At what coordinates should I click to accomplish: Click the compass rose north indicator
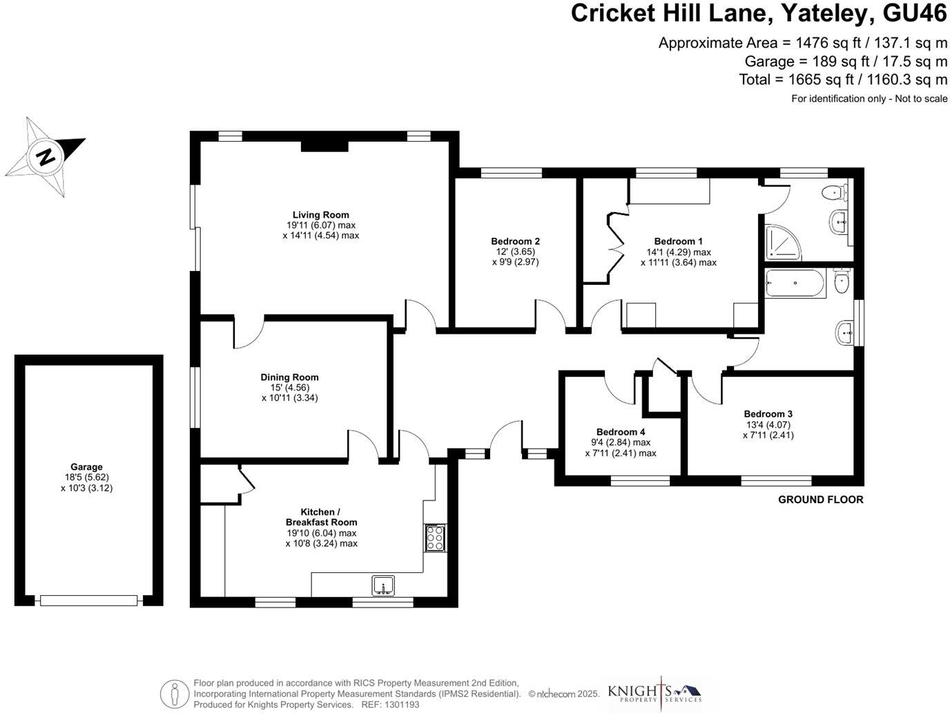click(46, 157)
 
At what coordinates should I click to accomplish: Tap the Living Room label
click(320, 214)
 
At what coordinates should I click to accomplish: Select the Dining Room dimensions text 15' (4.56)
click(289, 388)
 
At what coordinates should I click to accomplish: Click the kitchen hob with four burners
click(434, 538)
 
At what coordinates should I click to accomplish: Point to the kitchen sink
click(382, 586)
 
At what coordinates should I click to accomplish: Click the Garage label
click(86, 467)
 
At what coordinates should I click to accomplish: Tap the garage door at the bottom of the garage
click(89, 601)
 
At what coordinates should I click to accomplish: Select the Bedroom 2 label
click(515, 241)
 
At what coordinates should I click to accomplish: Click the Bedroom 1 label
click(678, 241)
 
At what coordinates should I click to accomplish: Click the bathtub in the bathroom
click(795, 283)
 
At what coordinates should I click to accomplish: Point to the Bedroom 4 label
click(621, 432)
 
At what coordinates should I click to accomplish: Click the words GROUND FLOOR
click(820, 500)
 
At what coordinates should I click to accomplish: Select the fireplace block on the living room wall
click(324, 146)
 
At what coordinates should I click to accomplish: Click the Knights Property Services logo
click(654, 693)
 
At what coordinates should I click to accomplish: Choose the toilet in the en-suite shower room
click(837, 191)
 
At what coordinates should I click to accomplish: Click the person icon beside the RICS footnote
click(175, 693)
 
